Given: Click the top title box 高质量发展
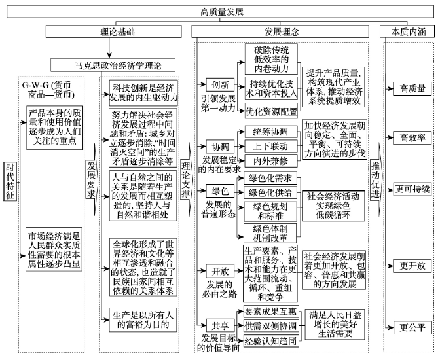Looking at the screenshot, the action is coord(220,12).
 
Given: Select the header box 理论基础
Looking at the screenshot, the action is coord(114,31).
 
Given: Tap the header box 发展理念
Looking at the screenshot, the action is coord(280,31).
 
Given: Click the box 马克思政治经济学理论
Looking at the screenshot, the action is coord(113,65).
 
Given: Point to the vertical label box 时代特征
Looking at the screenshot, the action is coord(10,181).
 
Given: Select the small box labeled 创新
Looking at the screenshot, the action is coord(220,84).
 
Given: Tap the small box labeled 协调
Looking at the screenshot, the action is coord(220,147).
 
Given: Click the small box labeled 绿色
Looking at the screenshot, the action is coord(220,191).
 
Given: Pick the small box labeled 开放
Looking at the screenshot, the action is coord(220,271).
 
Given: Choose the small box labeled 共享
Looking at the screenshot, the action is coord(220,325).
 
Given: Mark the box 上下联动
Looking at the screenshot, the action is coord(271,146).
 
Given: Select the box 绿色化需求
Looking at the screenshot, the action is coord(270,178).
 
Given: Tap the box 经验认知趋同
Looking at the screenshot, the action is coord(271,340).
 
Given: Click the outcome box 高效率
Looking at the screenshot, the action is coord(412,137).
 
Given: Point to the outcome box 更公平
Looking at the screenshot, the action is coord(412,327).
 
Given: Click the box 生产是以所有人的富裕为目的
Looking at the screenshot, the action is coord(143,319).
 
